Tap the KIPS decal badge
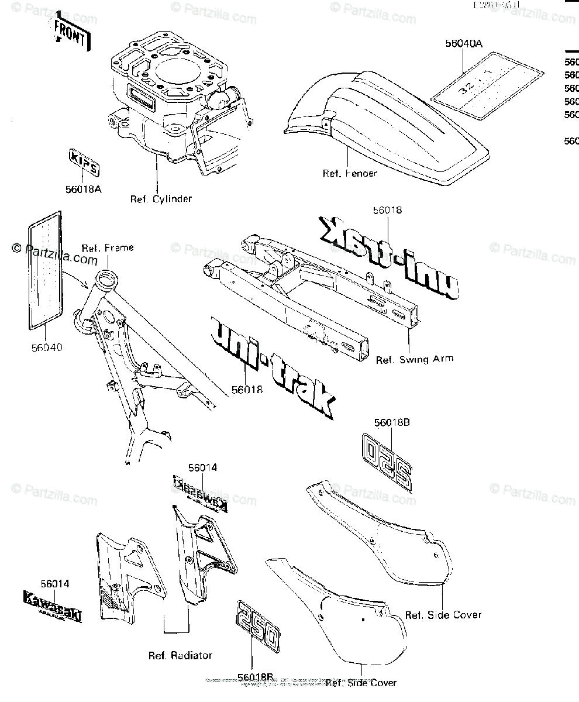pos(84,163)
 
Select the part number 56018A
pos(83,188)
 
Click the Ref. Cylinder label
pos(161,199)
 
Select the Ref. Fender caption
pos(350,173)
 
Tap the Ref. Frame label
pos(107,247)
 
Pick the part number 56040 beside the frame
pos(47,347)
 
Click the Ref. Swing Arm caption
pos(414,359)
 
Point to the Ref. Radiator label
pos(181,656)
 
